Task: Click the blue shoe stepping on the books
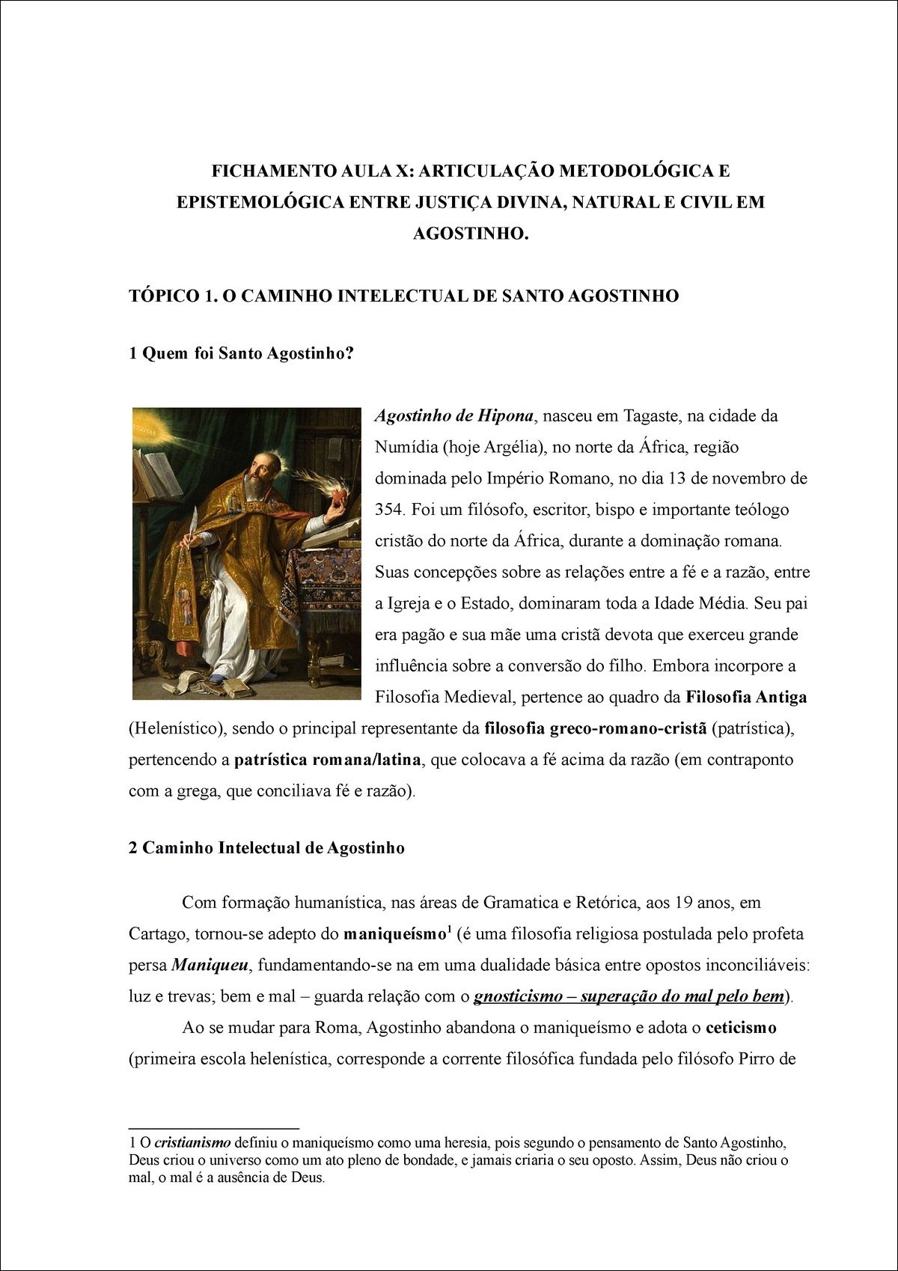(217, 679)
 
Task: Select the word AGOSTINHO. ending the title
(471, 234)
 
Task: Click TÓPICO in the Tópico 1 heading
(164, 296)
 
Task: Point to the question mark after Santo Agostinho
(349, 353)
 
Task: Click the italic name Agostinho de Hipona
(453, 415)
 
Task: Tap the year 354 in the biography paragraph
(389, 510)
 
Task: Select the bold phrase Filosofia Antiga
(746, 698)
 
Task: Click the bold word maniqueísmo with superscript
(394, 934)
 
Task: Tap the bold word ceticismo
(740, 1028)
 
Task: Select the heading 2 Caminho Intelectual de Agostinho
(266, 848)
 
